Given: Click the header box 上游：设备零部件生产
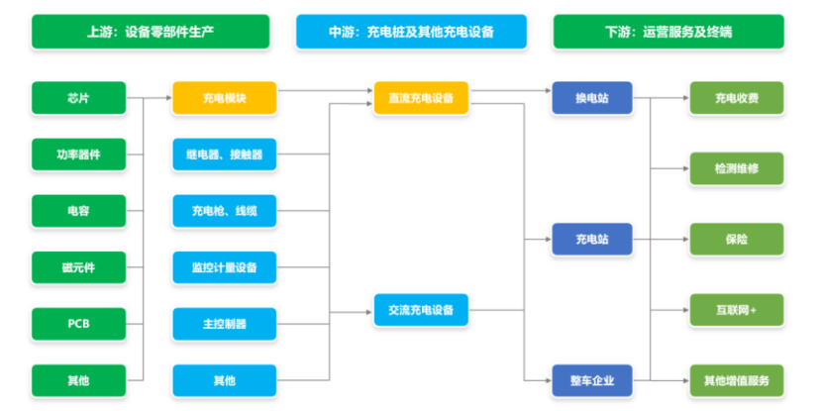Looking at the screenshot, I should point(151,32).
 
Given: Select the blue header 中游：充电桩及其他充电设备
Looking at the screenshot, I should point(411,32).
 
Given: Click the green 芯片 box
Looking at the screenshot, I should point(79,98).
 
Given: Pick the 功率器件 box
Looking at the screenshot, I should point(79,154).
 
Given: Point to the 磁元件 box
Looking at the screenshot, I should point(79,266).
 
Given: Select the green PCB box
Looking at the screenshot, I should point(79,323).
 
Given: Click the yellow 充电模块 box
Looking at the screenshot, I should point(224,98).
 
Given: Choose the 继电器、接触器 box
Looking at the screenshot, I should point(224,154).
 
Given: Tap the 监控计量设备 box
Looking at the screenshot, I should point(224,266).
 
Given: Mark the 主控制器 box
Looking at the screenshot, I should point(224,323).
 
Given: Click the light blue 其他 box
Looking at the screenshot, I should point(224,379).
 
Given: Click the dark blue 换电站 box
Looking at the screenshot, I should point(592,98).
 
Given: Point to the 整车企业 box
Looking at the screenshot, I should point(592,379).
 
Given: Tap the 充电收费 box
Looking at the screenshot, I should point(737,98).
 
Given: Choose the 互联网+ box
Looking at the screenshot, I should point(737,310).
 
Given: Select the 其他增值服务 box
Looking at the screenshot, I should point(737,379).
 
